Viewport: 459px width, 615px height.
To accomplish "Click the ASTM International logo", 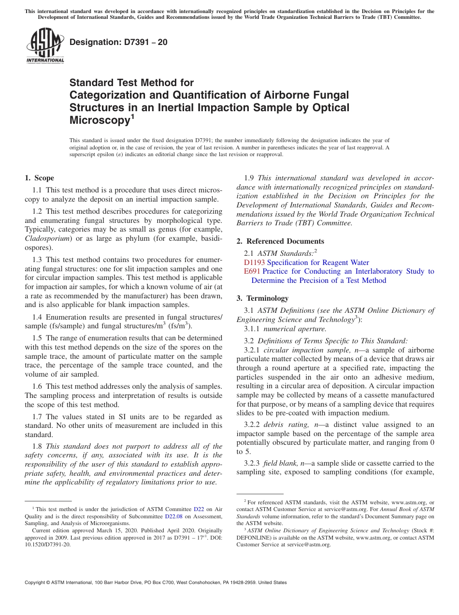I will (45, 46).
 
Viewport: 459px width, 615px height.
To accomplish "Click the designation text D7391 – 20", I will (118, 42).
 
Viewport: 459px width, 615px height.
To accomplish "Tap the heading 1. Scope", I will (39, 178).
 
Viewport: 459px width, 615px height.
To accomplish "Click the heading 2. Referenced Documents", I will (280, 241).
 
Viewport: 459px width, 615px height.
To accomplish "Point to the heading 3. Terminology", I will (267, 298).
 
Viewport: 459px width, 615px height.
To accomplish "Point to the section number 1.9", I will (249, 178).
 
